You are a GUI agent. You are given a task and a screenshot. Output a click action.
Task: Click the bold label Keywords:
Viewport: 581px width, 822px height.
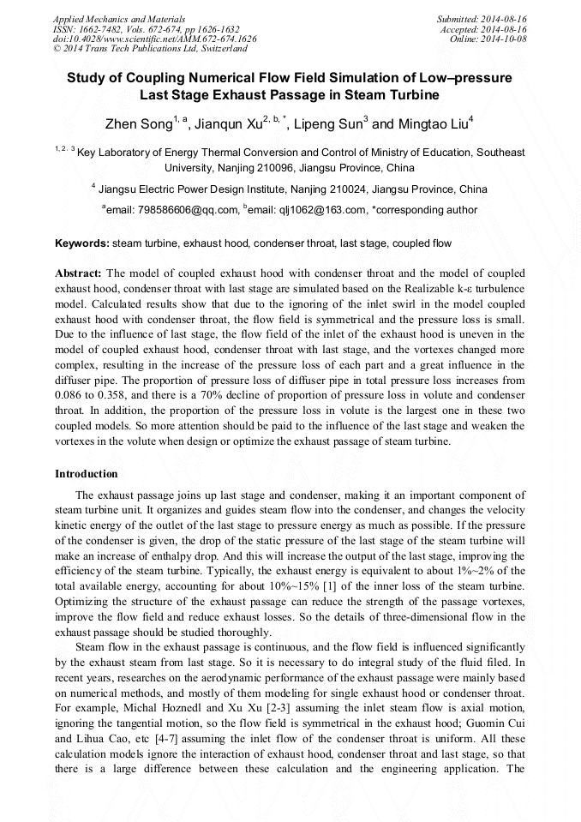point(82,243)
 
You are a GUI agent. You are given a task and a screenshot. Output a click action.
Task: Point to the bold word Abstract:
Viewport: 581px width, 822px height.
point(79,273)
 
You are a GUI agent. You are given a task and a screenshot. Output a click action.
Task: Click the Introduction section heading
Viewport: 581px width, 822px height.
point(87,474)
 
